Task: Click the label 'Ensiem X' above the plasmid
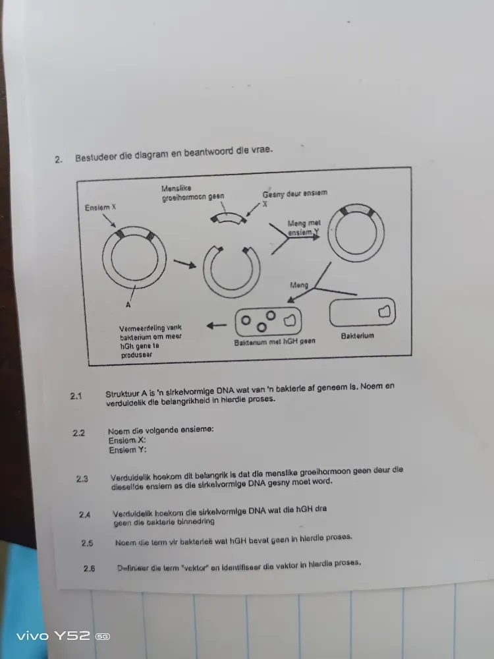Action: tap(100, 208)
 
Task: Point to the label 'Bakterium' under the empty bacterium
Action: tap(358, 336)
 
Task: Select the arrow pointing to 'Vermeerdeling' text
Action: tap(215, 325)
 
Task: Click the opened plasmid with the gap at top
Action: tap(231, 270)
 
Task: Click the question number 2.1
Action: tap(76, 396)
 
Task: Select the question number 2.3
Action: tap(82, 479)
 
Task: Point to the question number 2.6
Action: tap(90, 568)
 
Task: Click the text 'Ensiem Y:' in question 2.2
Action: tap(128, 451)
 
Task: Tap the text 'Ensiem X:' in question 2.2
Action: tap(127, 440)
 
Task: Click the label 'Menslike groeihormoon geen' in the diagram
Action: tap(192, 193)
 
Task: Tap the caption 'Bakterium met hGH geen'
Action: tap(274, 343)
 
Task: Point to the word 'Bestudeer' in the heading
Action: tap(96, 158)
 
